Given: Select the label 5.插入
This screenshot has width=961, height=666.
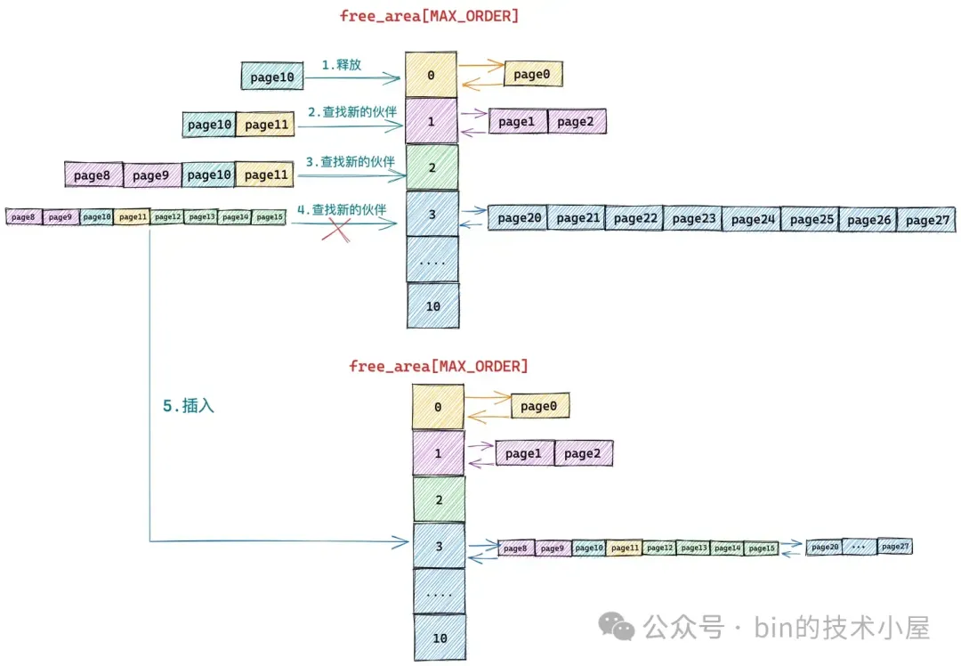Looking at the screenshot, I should [189, 406].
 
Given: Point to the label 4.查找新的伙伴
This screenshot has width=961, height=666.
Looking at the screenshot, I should [342, 210].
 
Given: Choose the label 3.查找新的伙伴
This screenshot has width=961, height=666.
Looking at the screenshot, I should [349, 162].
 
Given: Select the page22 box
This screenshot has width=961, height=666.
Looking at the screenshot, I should [634, 218].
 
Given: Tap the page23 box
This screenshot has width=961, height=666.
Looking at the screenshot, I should [692, 218].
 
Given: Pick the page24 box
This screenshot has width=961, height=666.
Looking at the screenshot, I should [751, 219].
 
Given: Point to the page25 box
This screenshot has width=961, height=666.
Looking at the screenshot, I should [810, 219].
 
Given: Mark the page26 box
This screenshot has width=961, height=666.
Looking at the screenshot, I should [868, 219].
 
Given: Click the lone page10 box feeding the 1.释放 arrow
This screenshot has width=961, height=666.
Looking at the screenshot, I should [271, 77].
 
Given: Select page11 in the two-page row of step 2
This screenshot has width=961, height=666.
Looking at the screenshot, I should [265, 125].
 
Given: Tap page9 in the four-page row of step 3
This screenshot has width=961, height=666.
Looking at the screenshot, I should [151, 175].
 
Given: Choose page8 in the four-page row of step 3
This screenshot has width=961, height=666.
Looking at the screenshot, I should [93, 175].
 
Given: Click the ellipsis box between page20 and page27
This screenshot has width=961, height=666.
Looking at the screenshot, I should [859, 547].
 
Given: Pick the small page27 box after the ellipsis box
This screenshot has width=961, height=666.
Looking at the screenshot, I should [894, 547].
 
